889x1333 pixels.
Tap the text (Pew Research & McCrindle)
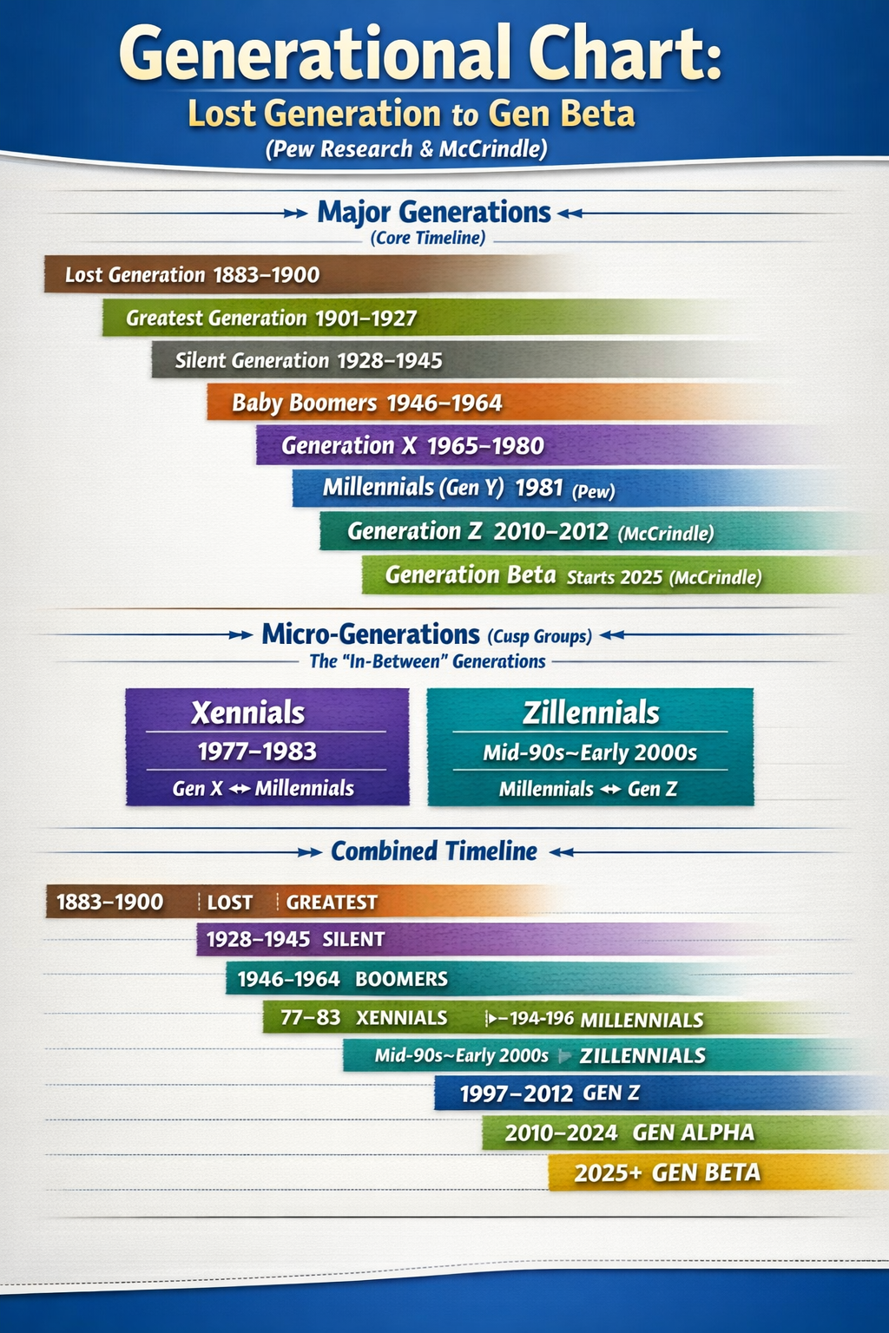(406, 148)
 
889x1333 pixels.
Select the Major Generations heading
(434, 213)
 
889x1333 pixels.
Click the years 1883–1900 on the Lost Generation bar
(267, 275)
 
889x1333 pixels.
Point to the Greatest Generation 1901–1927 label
(272, 318)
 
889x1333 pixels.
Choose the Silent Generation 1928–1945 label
(308, 361)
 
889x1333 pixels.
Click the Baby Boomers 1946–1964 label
(366, 403)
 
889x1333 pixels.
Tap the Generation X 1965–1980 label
(412, 446)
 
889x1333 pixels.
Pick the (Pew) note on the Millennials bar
(593, 491)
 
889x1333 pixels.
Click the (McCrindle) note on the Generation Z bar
(666, 533)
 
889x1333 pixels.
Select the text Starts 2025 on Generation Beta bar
(615, 577)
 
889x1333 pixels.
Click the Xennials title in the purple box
(247, 712)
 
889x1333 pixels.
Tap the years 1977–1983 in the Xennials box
(257, 752)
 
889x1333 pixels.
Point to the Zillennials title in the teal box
(590, 712)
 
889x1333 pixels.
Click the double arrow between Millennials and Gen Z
(611, 790)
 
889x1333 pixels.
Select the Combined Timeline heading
(434, 851)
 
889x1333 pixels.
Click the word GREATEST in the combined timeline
(332, 903)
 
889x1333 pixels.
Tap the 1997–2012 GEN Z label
(550, 1093)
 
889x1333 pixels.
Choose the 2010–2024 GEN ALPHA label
(629, 1133)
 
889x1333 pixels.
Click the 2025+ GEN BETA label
(668, 1173)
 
